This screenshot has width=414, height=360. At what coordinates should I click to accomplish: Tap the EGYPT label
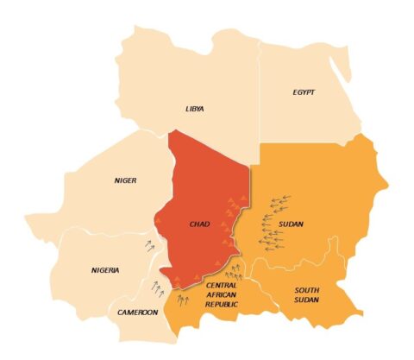click(305, 91)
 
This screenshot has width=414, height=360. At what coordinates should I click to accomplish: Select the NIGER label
click(126, 180)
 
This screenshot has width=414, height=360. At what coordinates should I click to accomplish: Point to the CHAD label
click(199, 225)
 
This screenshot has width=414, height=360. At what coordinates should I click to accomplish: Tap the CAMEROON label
click(138, 312)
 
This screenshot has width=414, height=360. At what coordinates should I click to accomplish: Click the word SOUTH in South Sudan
click(308, 290)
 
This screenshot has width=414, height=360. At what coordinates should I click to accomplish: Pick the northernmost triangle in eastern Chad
click(231, 200)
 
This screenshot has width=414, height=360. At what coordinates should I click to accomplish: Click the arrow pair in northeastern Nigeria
click(152, 246)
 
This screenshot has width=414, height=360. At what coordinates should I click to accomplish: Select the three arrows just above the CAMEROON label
click(157, 286)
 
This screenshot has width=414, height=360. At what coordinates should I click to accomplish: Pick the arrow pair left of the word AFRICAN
click(183, 300)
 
